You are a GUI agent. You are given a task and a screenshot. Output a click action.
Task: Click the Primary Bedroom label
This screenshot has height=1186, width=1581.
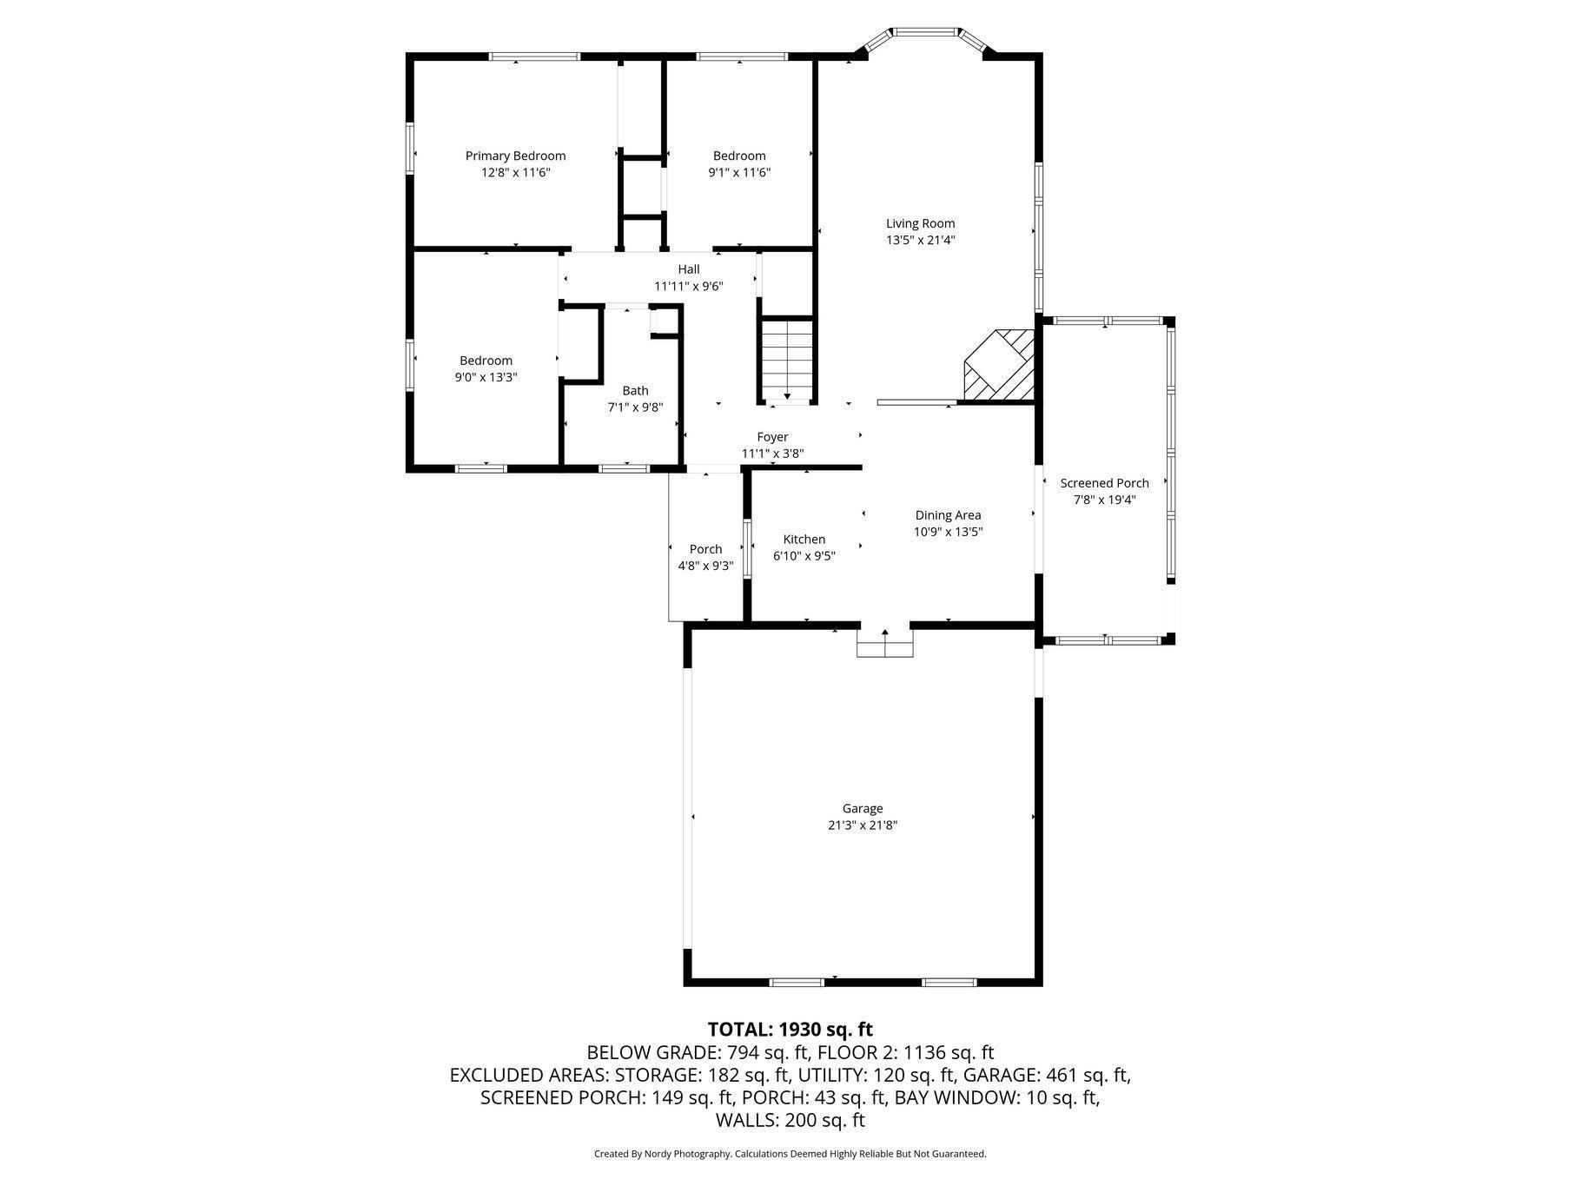515,156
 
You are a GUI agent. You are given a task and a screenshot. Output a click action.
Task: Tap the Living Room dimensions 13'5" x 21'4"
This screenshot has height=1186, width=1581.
920,241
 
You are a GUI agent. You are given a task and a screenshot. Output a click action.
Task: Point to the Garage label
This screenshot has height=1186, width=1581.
862,809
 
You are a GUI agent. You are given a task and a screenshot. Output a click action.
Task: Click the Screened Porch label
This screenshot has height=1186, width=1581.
1104,484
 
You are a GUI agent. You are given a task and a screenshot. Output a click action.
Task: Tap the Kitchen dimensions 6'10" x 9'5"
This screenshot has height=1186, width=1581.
804,556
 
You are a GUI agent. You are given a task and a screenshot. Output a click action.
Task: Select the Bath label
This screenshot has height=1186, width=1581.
635,391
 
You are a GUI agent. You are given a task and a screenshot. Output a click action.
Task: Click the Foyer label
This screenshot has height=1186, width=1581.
772,437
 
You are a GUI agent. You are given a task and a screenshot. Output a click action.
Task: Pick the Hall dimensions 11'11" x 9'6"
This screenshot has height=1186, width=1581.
688,286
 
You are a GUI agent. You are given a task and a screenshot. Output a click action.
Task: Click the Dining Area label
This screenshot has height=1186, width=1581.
948,515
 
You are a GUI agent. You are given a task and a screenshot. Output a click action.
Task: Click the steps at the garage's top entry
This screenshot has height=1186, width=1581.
884,644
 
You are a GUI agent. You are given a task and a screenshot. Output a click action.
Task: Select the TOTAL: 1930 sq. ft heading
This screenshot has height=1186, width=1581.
790,1030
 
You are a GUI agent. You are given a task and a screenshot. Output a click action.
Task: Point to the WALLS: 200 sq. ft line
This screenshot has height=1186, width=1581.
790,1121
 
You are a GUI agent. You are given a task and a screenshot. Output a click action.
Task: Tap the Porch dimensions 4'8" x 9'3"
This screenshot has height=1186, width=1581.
705,566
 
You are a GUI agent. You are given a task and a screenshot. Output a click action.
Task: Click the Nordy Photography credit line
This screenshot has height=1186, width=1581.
790,1154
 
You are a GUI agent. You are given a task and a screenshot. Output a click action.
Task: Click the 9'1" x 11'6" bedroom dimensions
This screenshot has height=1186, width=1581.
739,173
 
